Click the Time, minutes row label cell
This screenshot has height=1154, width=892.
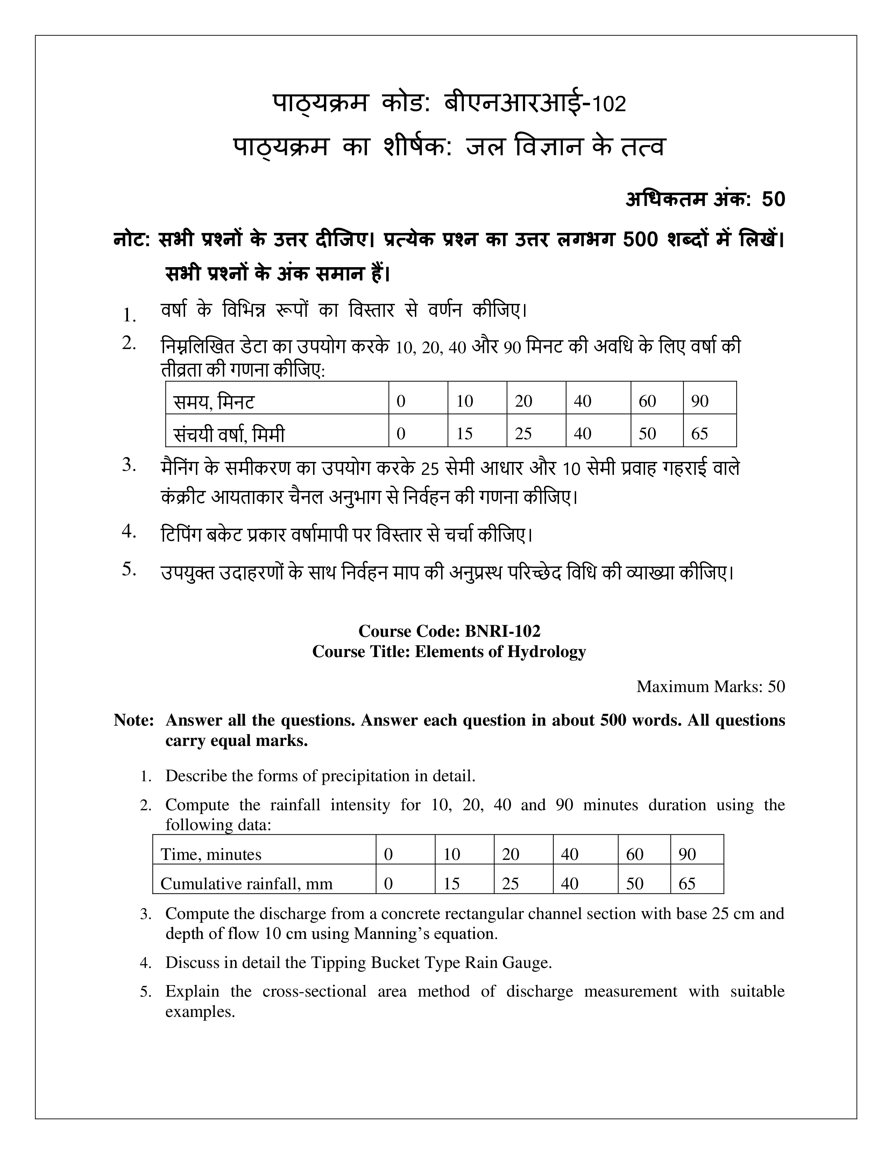[x=264, y=854]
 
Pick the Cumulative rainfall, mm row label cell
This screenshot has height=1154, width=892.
[x=264, y=883]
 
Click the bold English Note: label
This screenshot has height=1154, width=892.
[x=134, y=720]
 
